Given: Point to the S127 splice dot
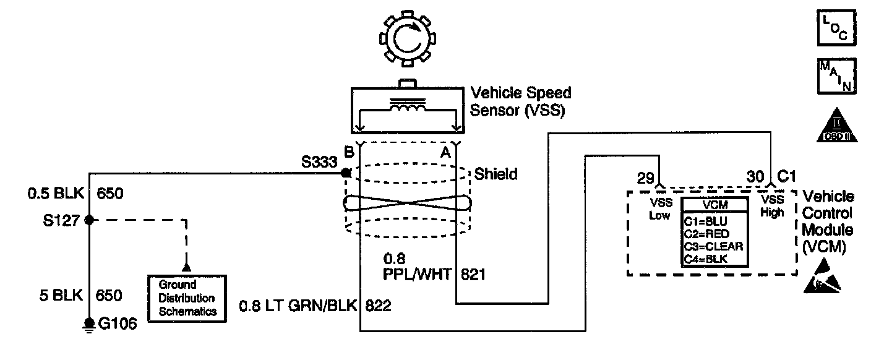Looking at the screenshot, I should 89,220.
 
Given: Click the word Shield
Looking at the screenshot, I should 496,174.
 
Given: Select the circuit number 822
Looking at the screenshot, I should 378,306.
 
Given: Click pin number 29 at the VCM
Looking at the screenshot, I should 646,178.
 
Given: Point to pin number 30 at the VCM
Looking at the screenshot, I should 755,177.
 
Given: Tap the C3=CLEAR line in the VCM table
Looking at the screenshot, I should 713,246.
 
